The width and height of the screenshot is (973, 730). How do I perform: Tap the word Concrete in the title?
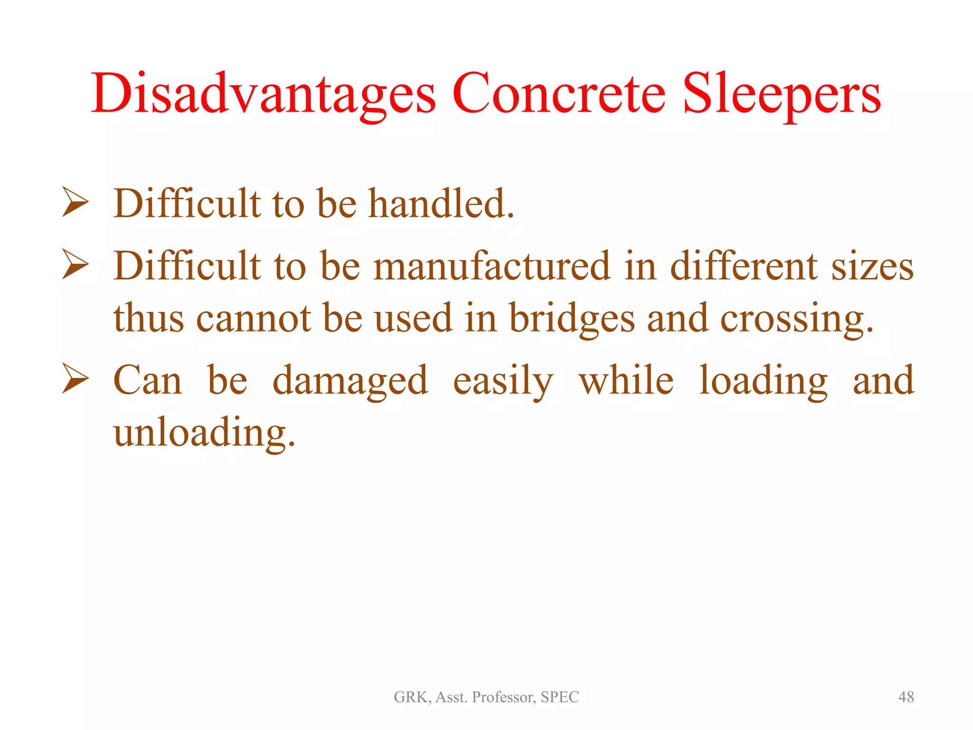point(559,94)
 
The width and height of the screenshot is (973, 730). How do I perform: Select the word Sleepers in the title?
point(782,94)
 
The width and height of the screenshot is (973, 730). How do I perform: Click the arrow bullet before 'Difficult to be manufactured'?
point(76,265)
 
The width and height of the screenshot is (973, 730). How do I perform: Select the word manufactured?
point(492,267)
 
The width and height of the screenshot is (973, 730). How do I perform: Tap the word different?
point(744,267)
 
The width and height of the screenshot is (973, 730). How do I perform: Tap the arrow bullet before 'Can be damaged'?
point(76,379)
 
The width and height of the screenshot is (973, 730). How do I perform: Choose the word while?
point(626,381)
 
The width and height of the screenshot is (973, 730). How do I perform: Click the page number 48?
point(906,697)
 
